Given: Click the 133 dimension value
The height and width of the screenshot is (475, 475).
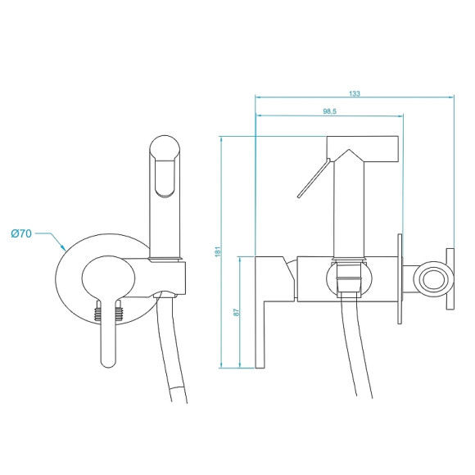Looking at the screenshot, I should click(x=354, y=94).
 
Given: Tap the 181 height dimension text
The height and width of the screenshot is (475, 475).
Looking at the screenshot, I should click(x=218, y=252).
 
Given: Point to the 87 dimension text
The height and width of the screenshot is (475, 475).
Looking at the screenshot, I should click(x=235, y=312).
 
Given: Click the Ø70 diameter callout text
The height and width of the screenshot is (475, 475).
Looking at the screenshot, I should click(x=21, y=234).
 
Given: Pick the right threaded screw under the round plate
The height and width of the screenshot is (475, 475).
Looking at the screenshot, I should click(x=119, y=313).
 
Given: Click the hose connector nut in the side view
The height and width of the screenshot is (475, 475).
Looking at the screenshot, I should click(x=348, y=278).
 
